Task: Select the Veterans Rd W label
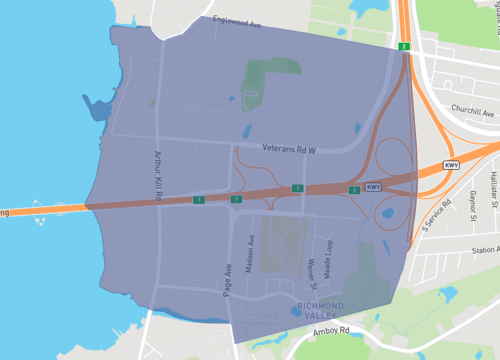pyautogui.click(x=289, y=150)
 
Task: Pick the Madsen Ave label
pyautogui.click(x=252, y=247)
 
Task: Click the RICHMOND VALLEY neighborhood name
pyautogui.click(x=320, y=309)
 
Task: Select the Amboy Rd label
pyautogui.click(x=329, y=329)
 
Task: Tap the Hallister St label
pyautogui.click(x=494, y=191)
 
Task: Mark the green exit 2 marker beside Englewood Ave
pyautogui.click(x=403, y=47)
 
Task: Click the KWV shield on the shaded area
pyautogui.click(x=373, y=187)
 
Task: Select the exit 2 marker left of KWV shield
pyautogui.click(x=353, y=189)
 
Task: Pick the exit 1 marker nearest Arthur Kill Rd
pyautogui.click(x=199, y=200)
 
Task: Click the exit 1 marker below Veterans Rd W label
pyautogui.click(x=297, y=188)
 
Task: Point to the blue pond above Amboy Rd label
pyautogui.click(x=296, y=311)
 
